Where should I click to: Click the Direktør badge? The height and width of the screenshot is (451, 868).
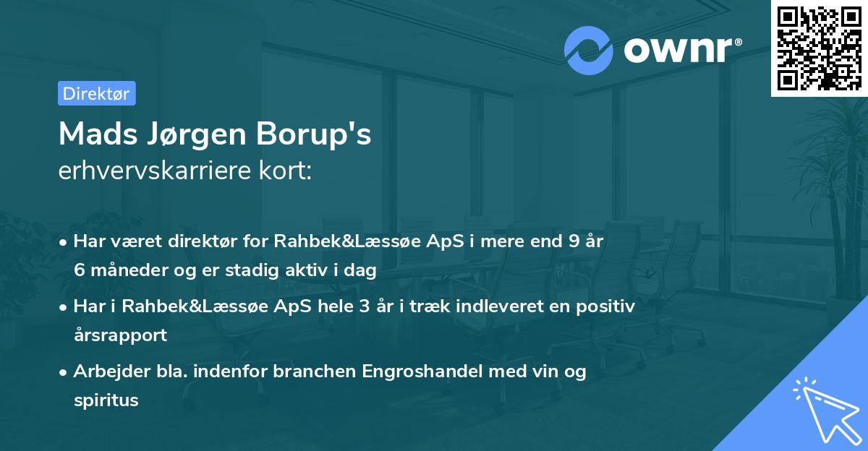pyautogui.click(x=96, y=93)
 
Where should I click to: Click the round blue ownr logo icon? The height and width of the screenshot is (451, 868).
pyautogui.click(x=588, y=51)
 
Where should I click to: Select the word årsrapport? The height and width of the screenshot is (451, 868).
pyautogui.click(x=120, y=335)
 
